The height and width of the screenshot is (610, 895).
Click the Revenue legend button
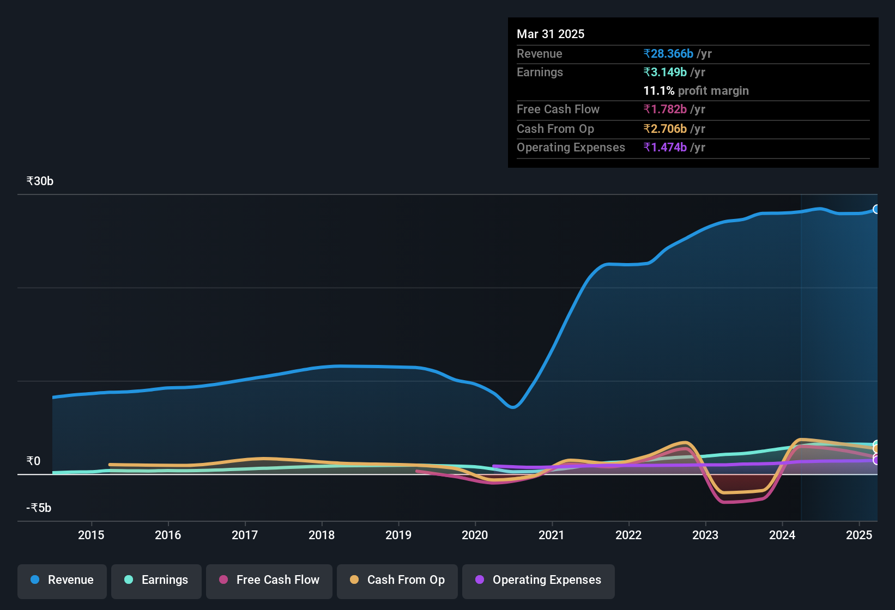(x=62, y=580)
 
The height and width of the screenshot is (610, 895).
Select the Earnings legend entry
(x=156, y=580)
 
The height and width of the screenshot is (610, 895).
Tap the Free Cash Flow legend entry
(x=269, y=580)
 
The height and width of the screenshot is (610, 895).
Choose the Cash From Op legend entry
(x=397, y=580)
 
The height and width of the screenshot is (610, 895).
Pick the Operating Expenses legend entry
(x=538, y=580)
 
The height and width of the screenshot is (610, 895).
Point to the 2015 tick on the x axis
(x=91, y=535)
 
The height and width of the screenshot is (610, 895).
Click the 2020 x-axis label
(x=475, y=535)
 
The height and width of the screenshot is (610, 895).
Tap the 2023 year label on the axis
(x=705, y=535)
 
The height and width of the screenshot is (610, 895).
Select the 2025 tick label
(x=859, y=535)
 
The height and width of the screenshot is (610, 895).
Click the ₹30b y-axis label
(x=40, y=181)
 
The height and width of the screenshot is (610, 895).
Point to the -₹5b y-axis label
(x=39, y=508)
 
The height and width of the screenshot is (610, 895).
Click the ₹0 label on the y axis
(x=33, y=461)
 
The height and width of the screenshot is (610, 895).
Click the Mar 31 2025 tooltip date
(x=551, y=34)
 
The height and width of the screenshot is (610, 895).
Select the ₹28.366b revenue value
(x=668, y=54)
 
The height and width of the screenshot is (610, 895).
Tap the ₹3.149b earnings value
(x=665, y=72)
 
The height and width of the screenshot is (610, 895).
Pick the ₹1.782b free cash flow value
(x=665, y=109)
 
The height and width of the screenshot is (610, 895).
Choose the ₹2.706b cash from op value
(x=665, y=129)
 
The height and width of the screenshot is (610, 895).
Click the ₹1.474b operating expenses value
(x=665, y=148)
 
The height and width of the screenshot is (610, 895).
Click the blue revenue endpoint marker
(x=876, y=209)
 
